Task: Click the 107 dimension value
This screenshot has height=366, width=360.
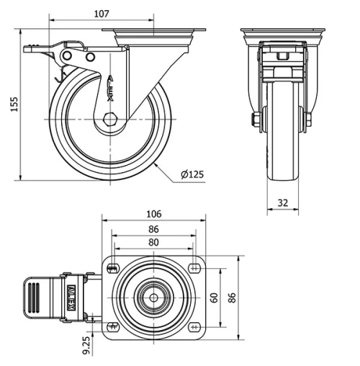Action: (102, 14)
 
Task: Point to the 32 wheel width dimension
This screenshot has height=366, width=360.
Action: (283, 203)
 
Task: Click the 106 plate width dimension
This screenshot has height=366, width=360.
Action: (153, 214)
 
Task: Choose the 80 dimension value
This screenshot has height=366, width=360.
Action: (153, 243)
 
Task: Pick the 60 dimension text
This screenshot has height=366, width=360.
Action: (214, 298)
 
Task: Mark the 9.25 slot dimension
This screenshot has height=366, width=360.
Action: (86, 344)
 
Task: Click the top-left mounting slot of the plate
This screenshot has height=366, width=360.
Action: (112, 269)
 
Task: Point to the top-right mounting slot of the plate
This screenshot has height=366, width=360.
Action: (194, 269)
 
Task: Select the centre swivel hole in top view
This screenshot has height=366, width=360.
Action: (153, 297)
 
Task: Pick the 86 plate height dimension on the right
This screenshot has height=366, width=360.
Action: (233, 298)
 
